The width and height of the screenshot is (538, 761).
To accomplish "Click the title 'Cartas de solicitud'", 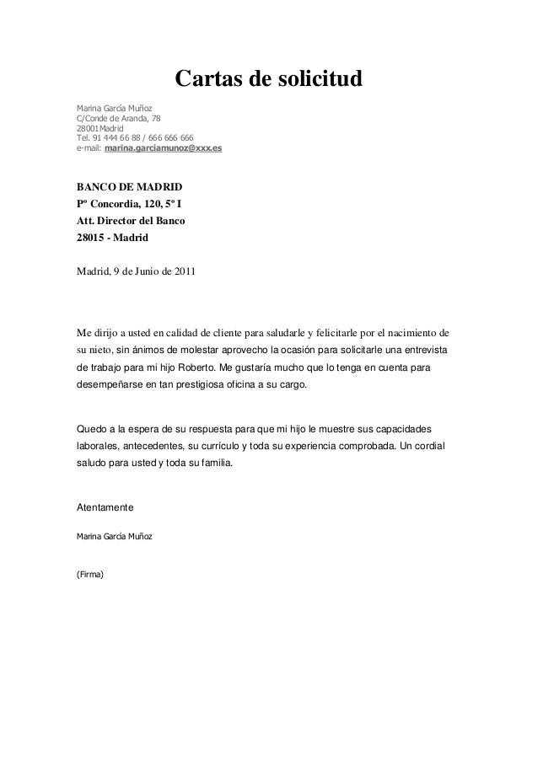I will click(268, 80).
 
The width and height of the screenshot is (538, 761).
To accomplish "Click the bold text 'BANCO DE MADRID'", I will click(129, 185).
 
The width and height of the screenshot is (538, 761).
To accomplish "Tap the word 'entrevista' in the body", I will click(424, 349).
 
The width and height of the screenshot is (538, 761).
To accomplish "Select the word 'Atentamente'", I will click(105, 507).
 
